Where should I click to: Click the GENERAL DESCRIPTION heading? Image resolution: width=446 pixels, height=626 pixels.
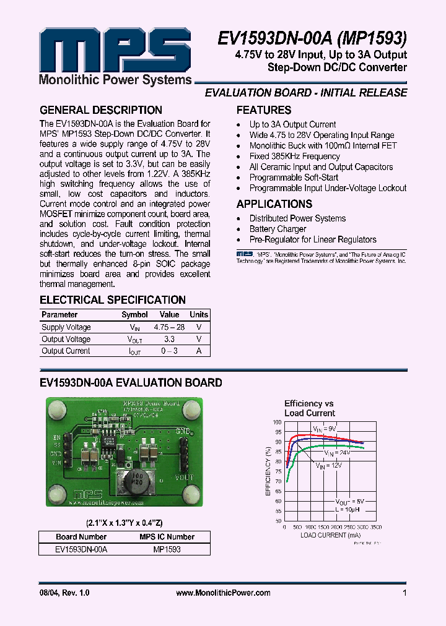(x=101, y=111)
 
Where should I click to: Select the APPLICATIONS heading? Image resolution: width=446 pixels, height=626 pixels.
(x=274, y=204)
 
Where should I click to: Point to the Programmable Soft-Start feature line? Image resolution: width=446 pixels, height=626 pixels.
(x=294, y=178)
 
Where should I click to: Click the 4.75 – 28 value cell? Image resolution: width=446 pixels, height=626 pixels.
(x=169, y=327)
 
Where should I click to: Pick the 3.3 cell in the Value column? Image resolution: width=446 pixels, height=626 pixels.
(x=169, y=339)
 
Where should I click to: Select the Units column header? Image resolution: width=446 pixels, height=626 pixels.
(x=199, y=315)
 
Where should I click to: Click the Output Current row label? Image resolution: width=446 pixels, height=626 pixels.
(x=66, y=351)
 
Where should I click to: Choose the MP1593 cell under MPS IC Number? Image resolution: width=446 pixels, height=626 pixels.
(x=167, y=549)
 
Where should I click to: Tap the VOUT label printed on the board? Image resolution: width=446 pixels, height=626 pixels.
(x=184, y=478)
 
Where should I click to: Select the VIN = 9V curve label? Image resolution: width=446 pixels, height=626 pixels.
(x=324, y=429)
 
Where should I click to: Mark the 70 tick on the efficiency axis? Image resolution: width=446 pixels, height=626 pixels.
(x=278, y=481)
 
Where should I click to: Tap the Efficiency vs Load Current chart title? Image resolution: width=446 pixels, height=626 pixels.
(x=309, y=408)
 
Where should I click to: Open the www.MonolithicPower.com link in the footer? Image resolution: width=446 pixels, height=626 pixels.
(x=223, y=593)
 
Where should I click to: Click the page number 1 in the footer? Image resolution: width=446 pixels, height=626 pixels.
(x=404, y=593)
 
